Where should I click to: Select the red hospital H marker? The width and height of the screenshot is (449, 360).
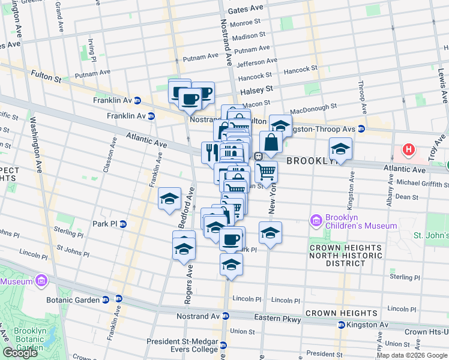(x=409, y=149)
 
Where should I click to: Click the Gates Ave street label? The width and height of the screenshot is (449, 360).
(x=246, y=10)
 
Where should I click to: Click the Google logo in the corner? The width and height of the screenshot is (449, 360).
(x=20, y=353)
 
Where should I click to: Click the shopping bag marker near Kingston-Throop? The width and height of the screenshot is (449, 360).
(x=271, y=143)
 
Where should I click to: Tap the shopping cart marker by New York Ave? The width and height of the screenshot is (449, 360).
(x=267, y=172)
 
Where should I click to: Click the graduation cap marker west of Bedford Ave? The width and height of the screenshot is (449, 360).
(x=170, y=198)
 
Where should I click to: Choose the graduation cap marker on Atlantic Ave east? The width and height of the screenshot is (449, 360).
(x=340, y=149)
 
